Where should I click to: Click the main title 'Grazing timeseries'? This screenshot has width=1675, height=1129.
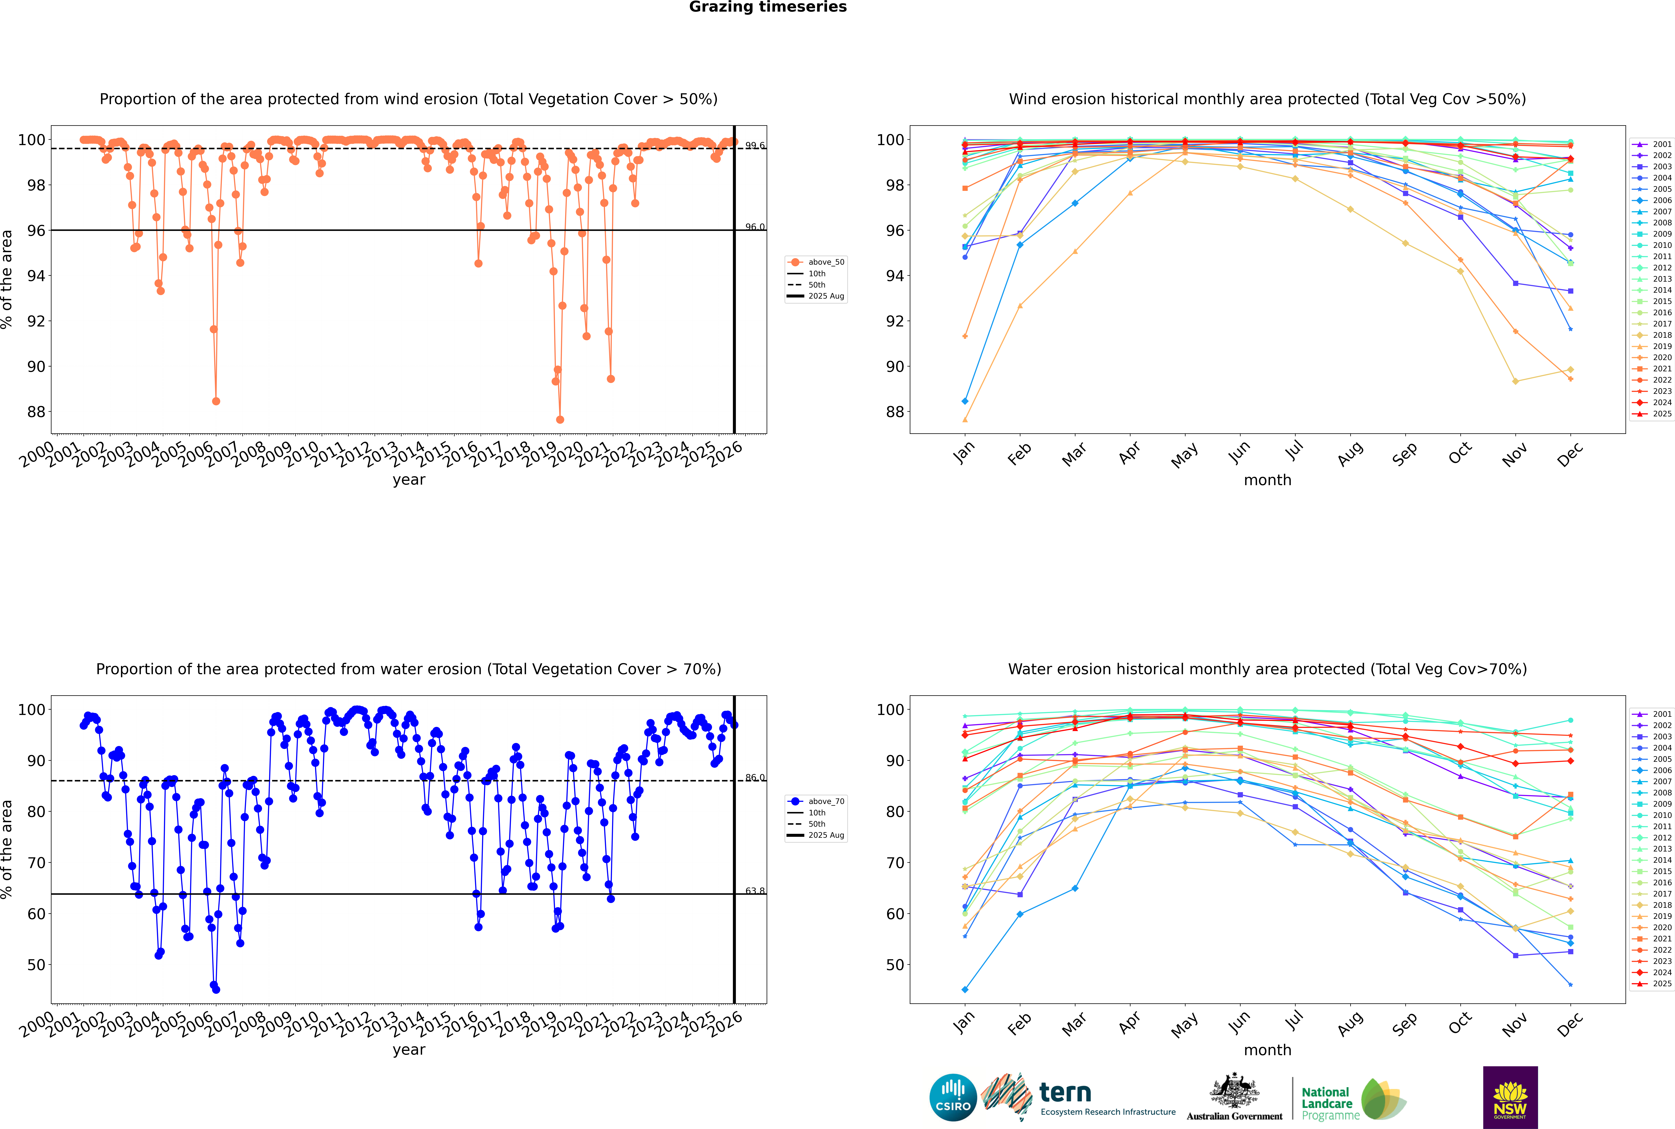tap(768, 7)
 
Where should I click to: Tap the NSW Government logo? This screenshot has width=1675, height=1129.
tap(1510, 1097)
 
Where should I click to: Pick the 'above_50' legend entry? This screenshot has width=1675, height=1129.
tap(826, 262)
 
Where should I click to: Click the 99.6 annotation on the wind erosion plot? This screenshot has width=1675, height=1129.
tap(755, 145)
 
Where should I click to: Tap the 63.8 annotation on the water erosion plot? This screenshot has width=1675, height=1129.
tap(755, 891)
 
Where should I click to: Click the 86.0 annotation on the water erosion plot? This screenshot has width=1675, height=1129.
tap(755, 778)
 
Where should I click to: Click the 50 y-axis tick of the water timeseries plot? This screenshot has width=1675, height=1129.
tap(36, 965)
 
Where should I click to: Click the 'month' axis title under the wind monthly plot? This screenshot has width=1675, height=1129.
tap(1267, 480)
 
